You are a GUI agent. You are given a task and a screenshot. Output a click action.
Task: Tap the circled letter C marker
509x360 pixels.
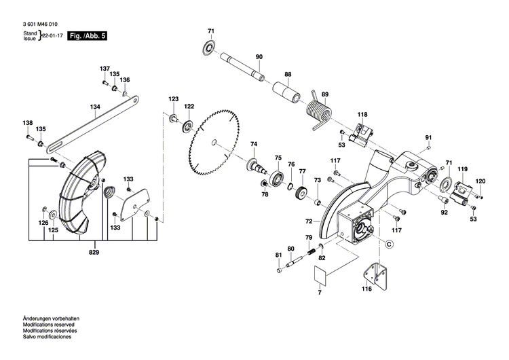390,242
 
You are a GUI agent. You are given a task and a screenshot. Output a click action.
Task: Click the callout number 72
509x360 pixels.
308,221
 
